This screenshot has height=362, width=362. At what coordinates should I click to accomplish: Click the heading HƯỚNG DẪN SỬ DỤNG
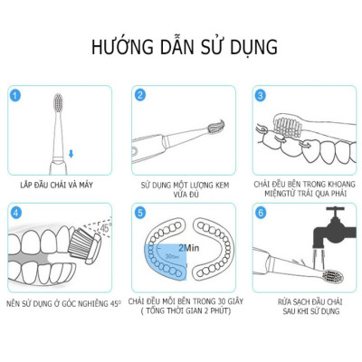coord(181,46)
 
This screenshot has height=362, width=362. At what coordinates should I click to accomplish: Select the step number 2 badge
coord(140,94)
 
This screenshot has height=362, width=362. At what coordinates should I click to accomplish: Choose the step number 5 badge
coord(140,214)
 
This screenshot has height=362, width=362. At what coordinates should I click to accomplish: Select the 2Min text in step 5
coord(188,245)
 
